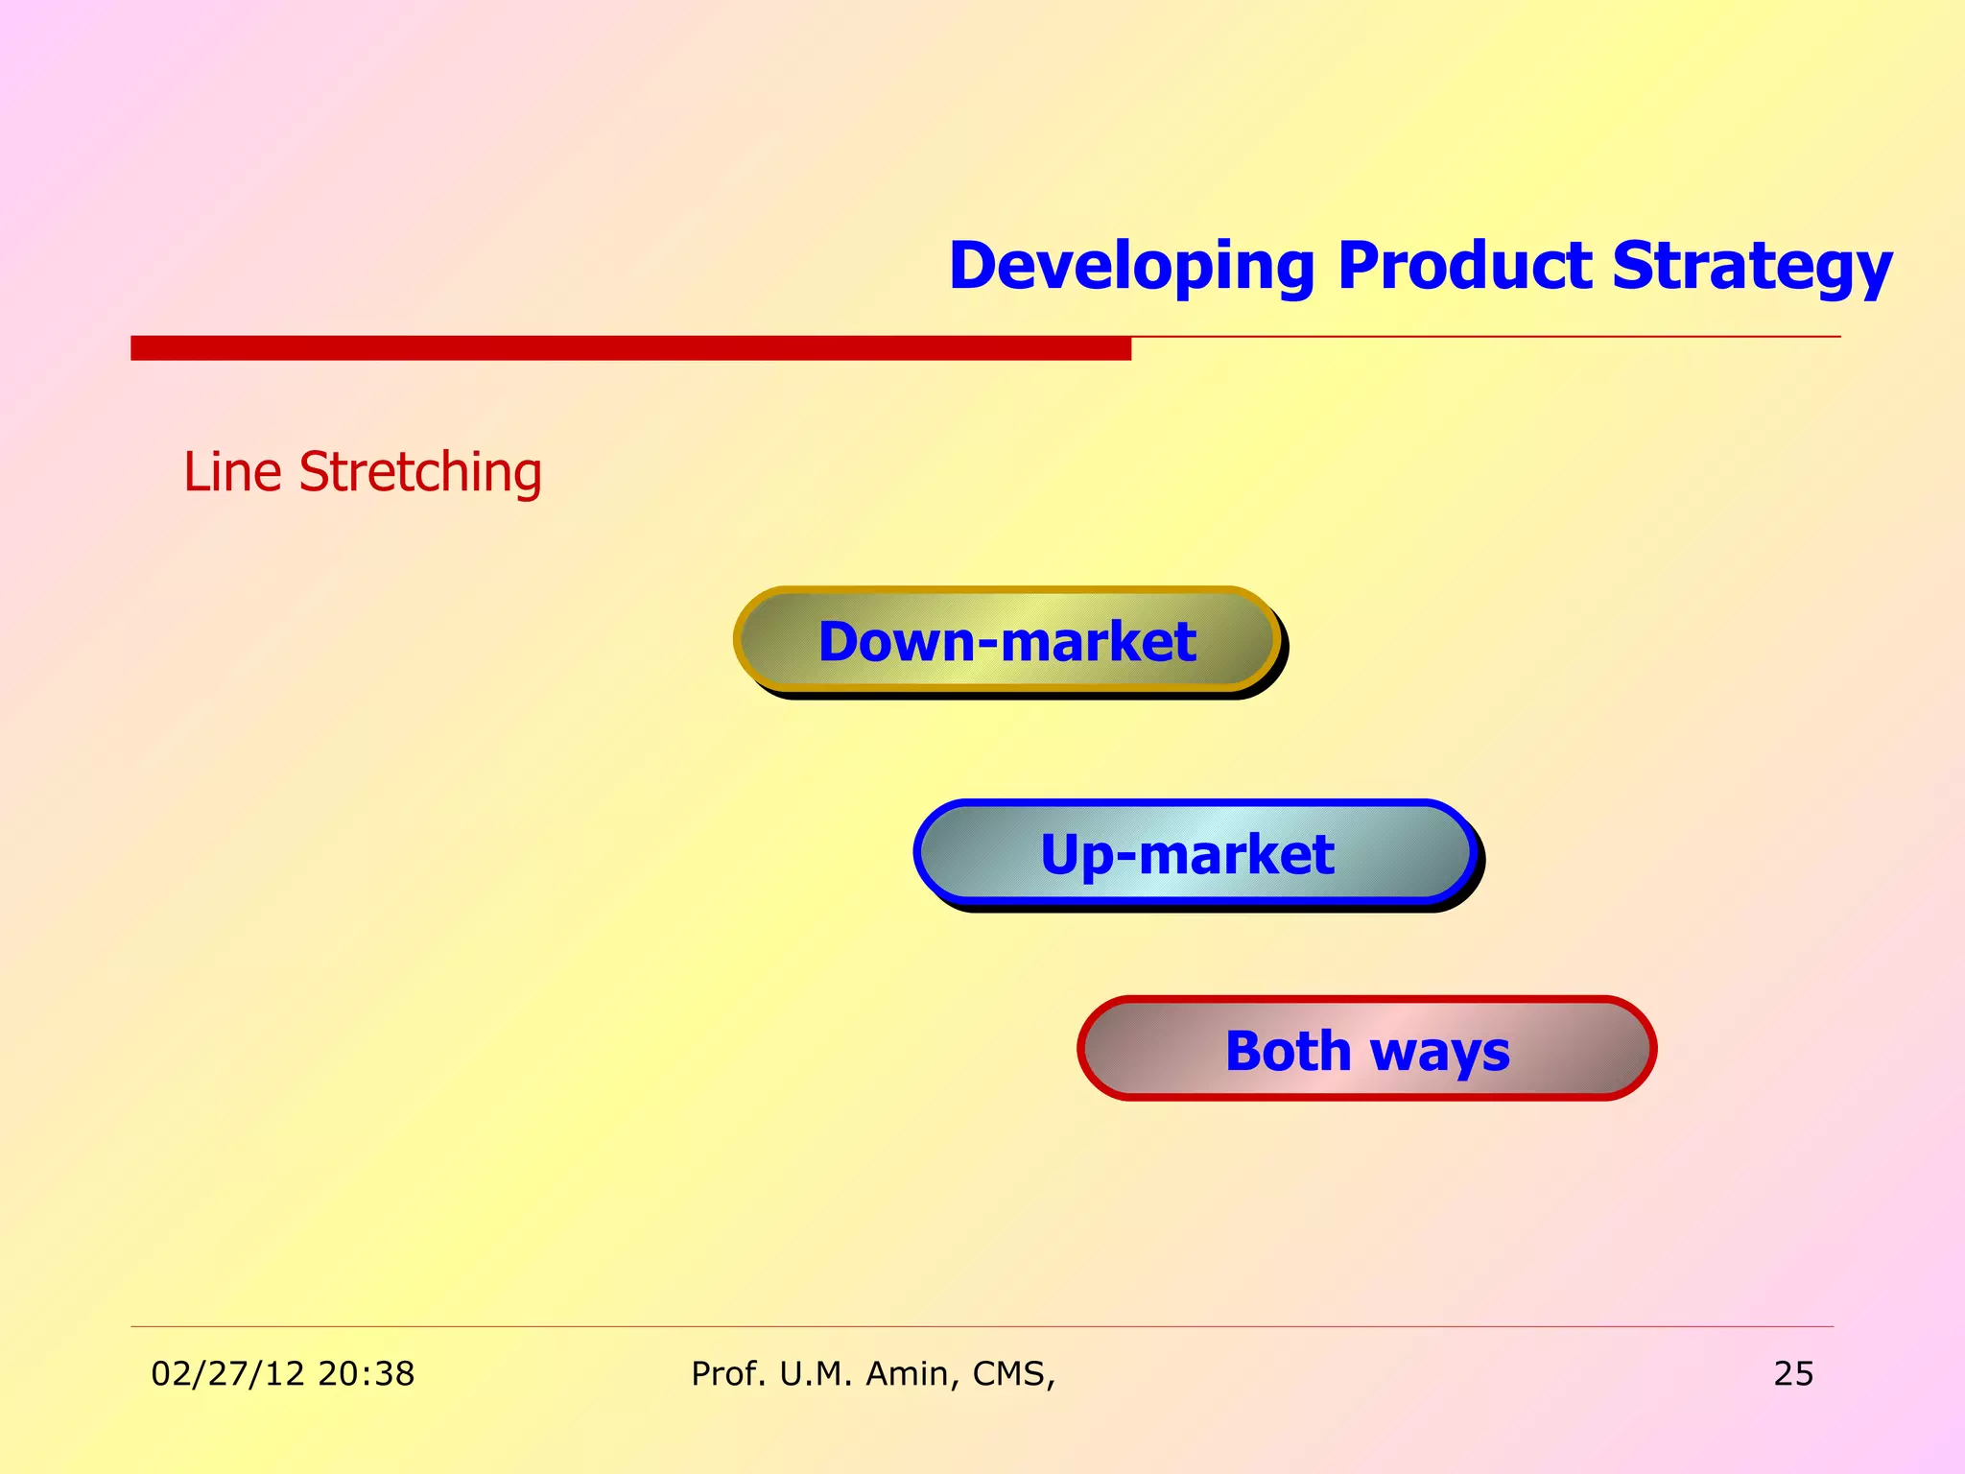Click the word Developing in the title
[1131, 266]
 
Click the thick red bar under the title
[630, 347]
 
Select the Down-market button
[1007, 640]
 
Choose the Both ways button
[1366, 1049]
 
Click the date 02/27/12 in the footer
[227, 1373]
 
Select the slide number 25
[1792, 1373]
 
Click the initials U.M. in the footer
[815, 1373]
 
